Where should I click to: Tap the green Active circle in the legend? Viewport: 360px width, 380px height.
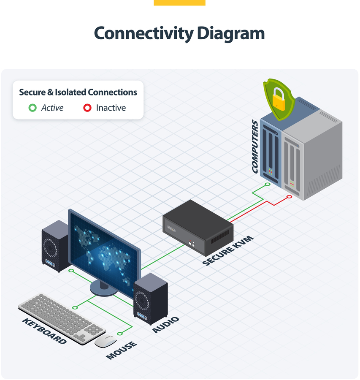click(x=32, y=108)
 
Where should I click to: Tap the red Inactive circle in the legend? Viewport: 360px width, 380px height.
click(x=87, y=108)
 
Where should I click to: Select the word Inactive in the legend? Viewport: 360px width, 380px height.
click(x=111, y=108)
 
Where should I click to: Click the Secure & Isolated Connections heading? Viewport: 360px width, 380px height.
click(x=78, y=92)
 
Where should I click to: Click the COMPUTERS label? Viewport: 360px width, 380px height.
click(x=255, y=147)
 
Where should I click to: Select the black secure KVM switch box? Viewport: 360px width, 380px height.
click(x=198, y=228)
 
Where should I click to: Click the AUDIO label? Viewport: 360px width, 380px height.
click(x=166, y=325)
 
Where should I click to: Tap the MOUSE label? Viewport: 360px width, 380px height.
click(x=122, y=350)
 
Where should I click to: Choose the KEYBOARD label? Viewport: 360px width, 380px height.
click(x=44, y=331)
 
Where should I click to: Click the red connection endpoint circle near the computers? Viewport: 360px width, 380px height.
click(x=289, y=197)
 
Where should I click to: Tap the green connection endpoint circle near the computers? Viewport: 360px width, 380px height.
click(x=267, y=185)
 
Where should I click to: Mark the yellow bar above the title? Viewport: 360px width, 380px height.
click(x=179, y=3)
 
